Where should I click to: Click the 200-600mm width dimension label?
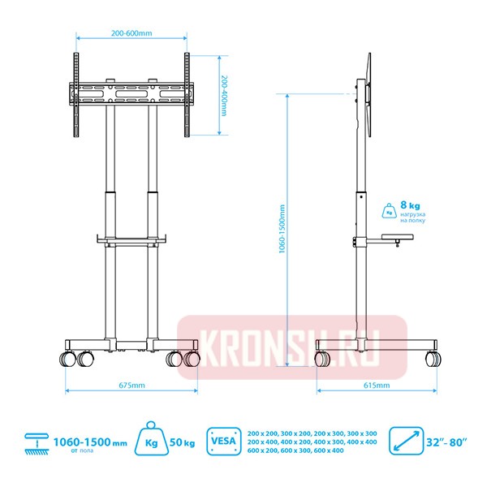tap(131, 34)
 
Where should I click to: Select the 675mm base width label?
tap(131, 386)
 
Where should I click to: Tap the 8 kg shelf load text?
tap(410, 206)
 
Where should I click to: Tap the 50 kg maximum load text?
tap(183, 442)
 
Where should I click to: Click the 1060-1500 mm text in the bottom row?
tap(90, 442)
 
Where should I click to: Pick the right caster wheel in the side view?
tap(437, 357)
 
